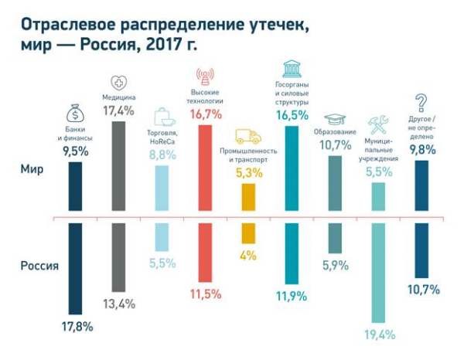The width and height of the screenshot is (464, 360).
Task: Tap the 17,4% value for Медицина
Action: tap(119, 111)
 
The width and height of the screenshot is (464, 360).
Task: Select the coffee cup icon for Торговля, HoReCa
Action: tap(165, 117)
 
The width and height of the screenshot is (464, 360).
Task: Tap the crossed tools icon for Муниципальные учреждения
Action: tap(378, 125)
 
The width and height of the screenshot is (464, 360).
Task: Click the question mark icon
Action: tap(421, 102)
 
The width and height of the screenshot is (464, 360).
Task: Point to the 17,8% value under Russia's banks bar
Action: tap(77, 326)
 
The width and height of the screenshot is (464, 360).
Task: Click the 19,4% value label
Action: tap(380, 335)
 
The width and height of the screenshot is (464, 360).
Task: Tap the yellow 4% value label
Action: tap(248, 256)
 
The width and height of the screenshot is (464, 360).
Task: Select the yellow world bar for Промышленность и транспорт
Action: tap(248, 196)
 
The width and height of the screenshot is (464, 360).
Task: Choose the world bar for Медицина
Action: tap(119, 165)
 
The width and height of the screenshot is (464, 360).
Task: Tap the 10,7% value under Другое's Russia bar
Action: tap(423, 290)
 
